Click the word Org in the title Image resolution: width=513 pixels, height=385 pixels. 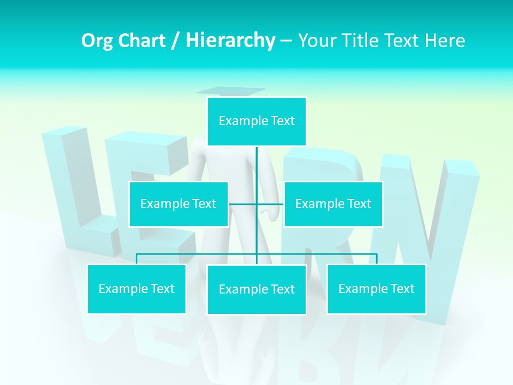point(97,41)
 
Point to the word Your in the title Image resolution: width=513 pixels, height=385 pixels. point(315,41)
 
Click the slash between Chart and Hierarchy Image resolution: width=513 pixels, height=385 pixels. point(175,41)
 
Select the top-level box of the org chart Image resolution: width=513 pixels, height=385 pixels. point(256,121)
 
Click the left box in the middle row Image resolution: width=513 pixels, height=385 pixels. point(178,204)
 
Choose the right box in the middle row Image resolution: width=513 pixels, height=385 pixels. point(333,204)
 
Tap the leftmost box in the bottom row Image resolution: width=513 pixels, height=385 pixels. point(137,289)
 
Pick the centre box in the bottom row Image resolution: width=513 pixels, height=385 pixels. point(256,289)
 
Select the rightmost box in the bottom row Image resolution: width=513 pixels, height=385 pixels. point(376,289)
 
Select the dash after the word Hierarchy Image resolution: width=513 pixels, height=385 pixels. point(286,41)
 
